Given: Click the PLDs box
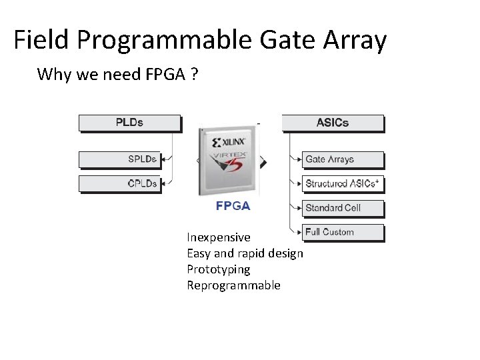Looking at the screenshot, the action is click(x=130, y=123).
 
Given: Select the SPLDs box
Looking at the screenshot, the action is click(x=120, y=159).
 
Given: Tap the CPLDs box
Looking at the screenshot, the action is click(x=120, y=183).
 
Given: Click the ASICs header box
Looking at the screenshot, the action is click(x=333, y=123).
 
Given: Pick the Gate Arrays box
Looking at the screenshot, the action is click(x=343, y=159).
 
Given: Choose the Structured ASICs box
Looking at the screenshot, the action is click(x=343, y=183).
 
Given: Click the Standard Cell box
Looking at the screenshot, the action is click(x=343, y=208).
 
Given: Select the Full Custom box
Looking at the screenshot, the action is click(x=343, y=232).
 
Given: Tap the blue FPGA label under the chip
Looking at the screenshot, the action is click(x=233, y=206).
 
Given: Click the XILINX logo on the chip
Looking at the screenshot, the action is click(x=229, y=142).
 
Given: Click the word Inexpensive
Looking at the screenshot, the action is click(x=219, y=237).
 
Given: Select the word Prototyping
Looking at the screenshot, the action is click(x=219, y=269).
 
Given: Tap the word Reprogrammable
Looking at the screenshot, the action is click(x=233, y=285).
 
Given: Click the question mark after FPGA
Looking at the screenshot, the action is click(x=193, y=74).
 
